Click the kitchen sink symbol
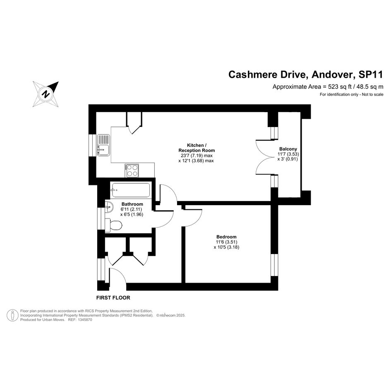103,145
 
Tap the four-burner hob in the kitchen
132,170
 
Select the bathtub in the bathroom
131,190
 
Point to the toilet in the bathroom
114,225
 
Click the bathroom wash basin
109,207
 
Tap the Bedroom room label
226,237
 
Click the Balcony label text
288,149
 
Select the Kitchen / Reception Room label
197,148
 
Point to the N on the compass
46,94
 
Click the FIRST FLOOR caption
113,297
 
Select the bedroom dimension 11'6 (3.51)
226,242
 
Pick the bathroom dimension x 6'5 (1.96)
132,214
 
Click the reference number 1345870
85,320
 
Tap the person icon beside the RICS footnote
12,315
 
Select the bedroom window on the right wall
274,265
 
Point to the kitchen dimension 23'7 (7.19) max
197,155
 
